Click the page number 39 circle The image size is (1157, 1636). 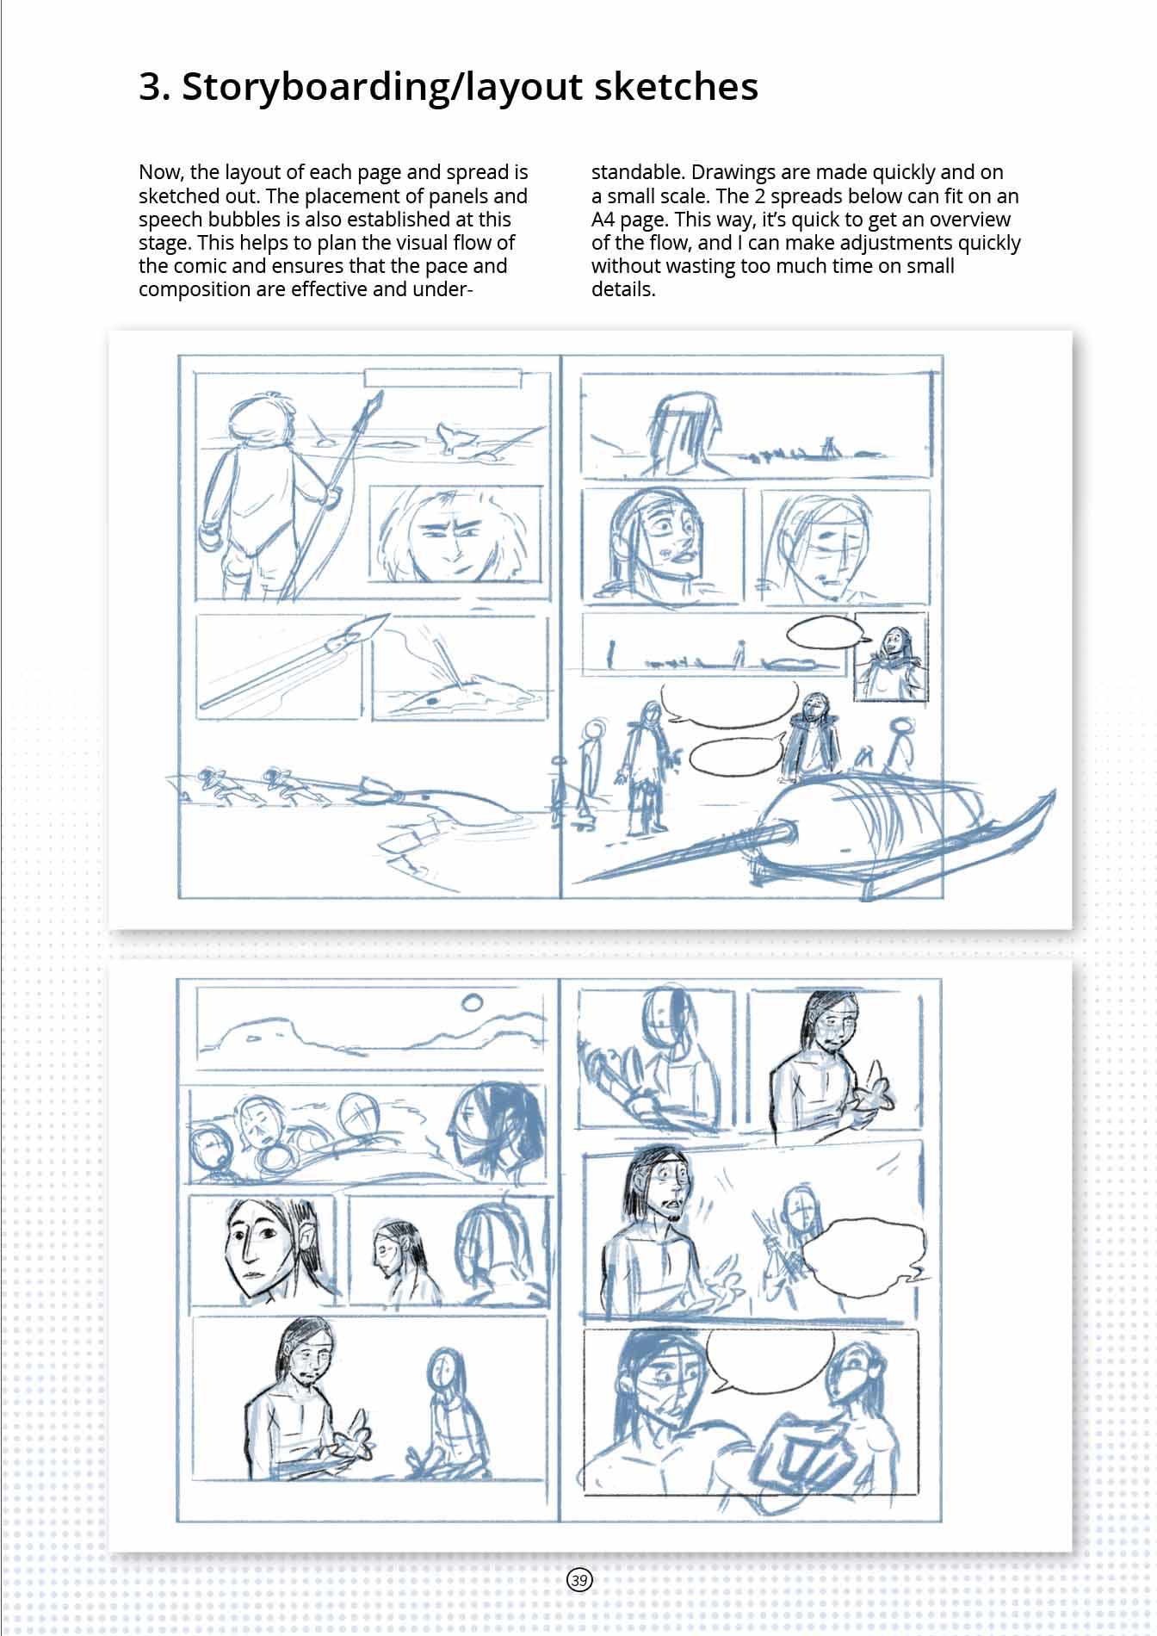pyautogui.click(x=579, y=1579)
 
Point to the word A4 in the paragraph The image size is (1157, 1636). pyautogui.click(x=603, y=219)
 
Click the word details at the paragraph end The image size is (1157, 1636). pyautogui.click(x=623, y=289)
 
